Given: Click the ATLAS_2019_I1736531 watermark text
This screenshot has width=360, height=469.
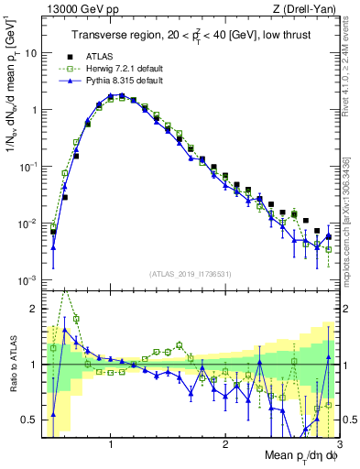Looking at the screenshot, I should [x=191, y=274].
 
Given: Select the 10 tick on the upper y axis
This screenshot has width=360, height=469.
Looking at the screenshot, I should [x=29, y=53].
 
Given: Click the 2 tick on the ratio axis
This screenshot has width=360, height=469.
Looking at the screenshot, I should [x=33, y=308].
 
